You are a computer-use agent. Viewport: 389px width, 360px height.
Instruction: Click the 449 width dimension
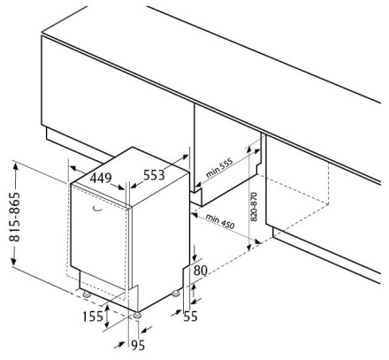(x=101, y=178)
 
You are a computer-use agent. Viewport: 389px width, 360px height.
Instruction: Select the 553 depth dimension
(x=154, y=175)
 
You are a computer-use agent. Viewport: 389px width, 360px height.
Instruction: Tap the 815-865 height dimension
(x=15, y=217)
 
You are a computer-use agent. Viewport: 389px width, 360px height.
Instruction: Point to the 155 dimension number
(x=93, y=317)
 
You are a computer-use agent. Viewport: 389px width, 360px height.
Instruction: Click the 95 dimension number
(x=138, y=345)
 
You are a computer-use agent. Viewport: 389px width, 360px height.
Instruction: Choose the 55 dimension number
(x=190, y=317)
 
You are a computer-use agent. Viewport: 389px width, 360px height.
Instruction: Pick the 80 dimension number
(x=201, y=271)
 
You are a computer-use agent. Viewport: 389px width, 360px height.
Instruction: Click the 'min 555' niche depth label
(x=219, y=168)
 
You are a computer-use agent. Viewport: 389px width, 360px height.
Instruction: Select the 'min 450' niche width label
(x=220, y=221)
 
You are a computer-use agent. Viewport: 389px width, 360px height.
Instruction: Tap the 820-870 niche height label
(x=254, y=206)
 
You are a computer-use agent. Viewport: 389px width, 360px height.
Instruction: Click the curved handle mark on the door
(x=97, y=209)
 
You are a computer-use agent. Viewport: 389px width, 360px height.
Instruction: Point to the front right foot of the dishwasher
(x=137, y=315)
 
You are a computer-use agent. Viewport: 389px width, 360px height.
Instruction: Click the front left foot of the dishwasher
(x=87, y=294)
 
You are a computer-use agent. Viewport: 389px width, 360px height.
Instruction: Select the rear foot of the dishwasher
(x=176, y=294)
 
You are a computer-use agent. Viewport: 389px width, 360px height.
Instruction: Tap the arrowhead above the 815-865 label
(x=15, y=167)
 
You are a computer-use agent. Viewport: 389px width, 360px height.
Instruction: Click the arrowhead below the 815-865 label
(x=14, y=260)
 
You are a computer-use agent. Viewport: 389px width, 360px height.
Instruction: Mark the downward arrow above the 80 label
(x=194, y=254)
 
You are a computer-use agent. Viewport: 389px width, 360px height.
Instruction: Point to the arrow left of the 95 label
(x=119, y=345)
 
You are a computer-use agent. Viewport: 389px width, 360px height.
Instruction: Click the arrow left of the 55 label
(x=176, y=313)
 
